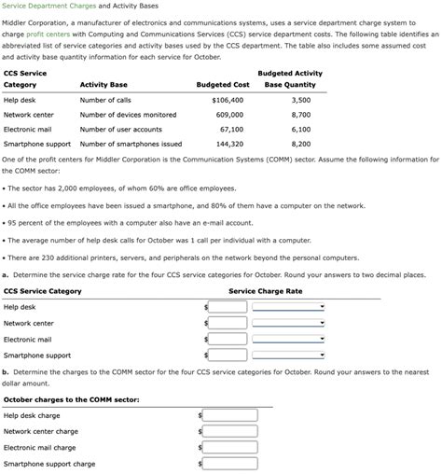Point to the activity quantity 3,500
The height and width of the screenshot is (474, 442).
(x=300, y=100)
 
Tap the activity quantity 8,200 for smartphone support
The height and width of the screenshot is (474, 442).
(x=300, y=145)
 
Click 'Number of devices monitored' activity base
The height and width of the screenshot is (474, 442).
(x=128, y=115)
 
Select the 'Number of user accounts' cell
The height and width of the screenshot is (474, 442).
(x=120, y=130)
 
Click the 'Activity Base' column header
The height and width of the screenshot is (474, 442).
(x=104, y=85)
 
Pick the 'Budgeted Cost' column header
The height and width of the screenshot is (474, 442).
(x=223, y=85)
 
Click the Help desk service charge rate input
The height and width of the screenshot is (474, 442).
(x=228, y=307)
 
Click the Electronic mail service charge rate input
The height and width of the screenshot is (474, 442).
(x=228, y=340)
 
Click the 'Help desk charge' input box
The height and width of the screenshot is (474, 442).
(x=222, y=415)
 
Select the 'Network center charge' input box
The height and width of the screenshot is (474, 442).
(x=222, y=432)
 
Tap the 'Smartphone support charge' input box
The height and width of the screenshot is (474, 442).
(x=222, y=464)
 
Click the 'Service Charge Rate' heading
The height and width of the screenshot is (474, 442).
(x=265, y=291)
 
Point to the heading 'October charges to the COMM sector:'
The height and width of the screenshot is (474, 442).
(x=71, y=399)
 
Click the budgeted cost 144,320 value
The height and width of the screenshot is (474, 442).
(x=229, y=145)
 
